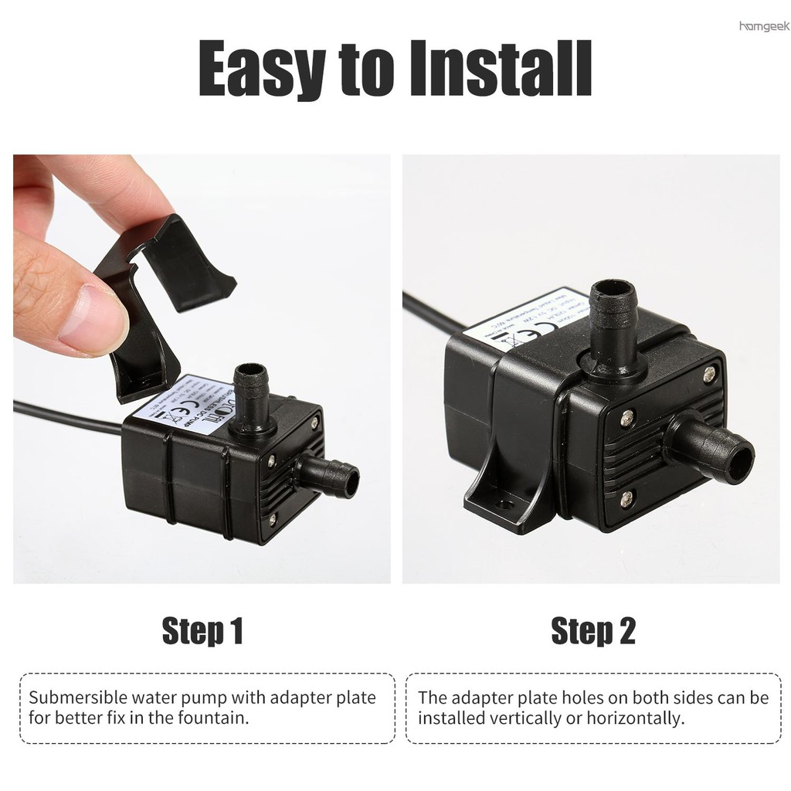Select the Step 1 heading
pos(202,631)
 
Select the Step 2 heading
pos(593,631)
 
